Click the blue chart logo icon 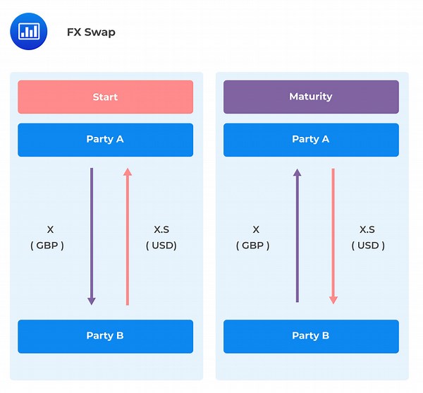point(29,31)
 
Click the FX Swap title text point(91,32)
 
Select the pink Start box point(106,97)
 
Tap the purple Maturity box point(311,97)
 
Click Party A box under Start point(106,140)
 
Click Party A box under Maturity point(311,140)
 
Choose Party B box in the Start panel point(106,337)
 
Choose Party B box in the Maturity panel point(311,337)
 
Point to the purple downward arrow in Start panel point(92,236)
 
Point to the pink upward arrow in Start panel point(128,236)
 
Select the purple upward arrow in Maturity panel point(297,236)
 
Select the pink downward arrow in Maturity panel point(333,236)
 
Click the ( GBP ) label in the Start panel point(47,246)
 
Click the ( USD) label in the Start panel point(161,246)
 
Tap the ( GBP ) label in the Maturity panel point(253,246)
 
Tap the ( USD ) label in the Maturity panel point(368,246)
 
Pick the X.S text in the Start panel point(161,229)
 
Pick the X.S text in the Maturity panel point(367,229)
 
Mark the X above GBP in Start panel point(50,229)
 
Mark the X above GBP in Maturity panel point(256,229)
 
